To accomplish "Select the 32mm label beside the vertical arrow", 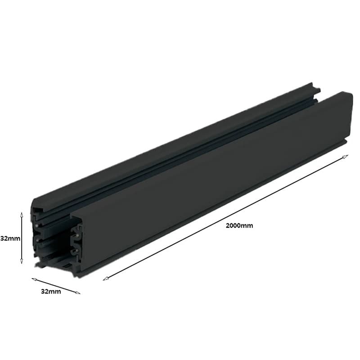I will point(10,238).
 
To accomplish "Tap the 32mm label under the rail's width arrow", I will point(50,292).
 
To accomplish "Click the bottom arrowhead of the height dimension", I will point(22,263).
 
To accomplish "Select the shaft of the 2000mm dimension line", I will point(225,218).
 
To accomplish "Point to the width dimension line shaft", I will point(55,286).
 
